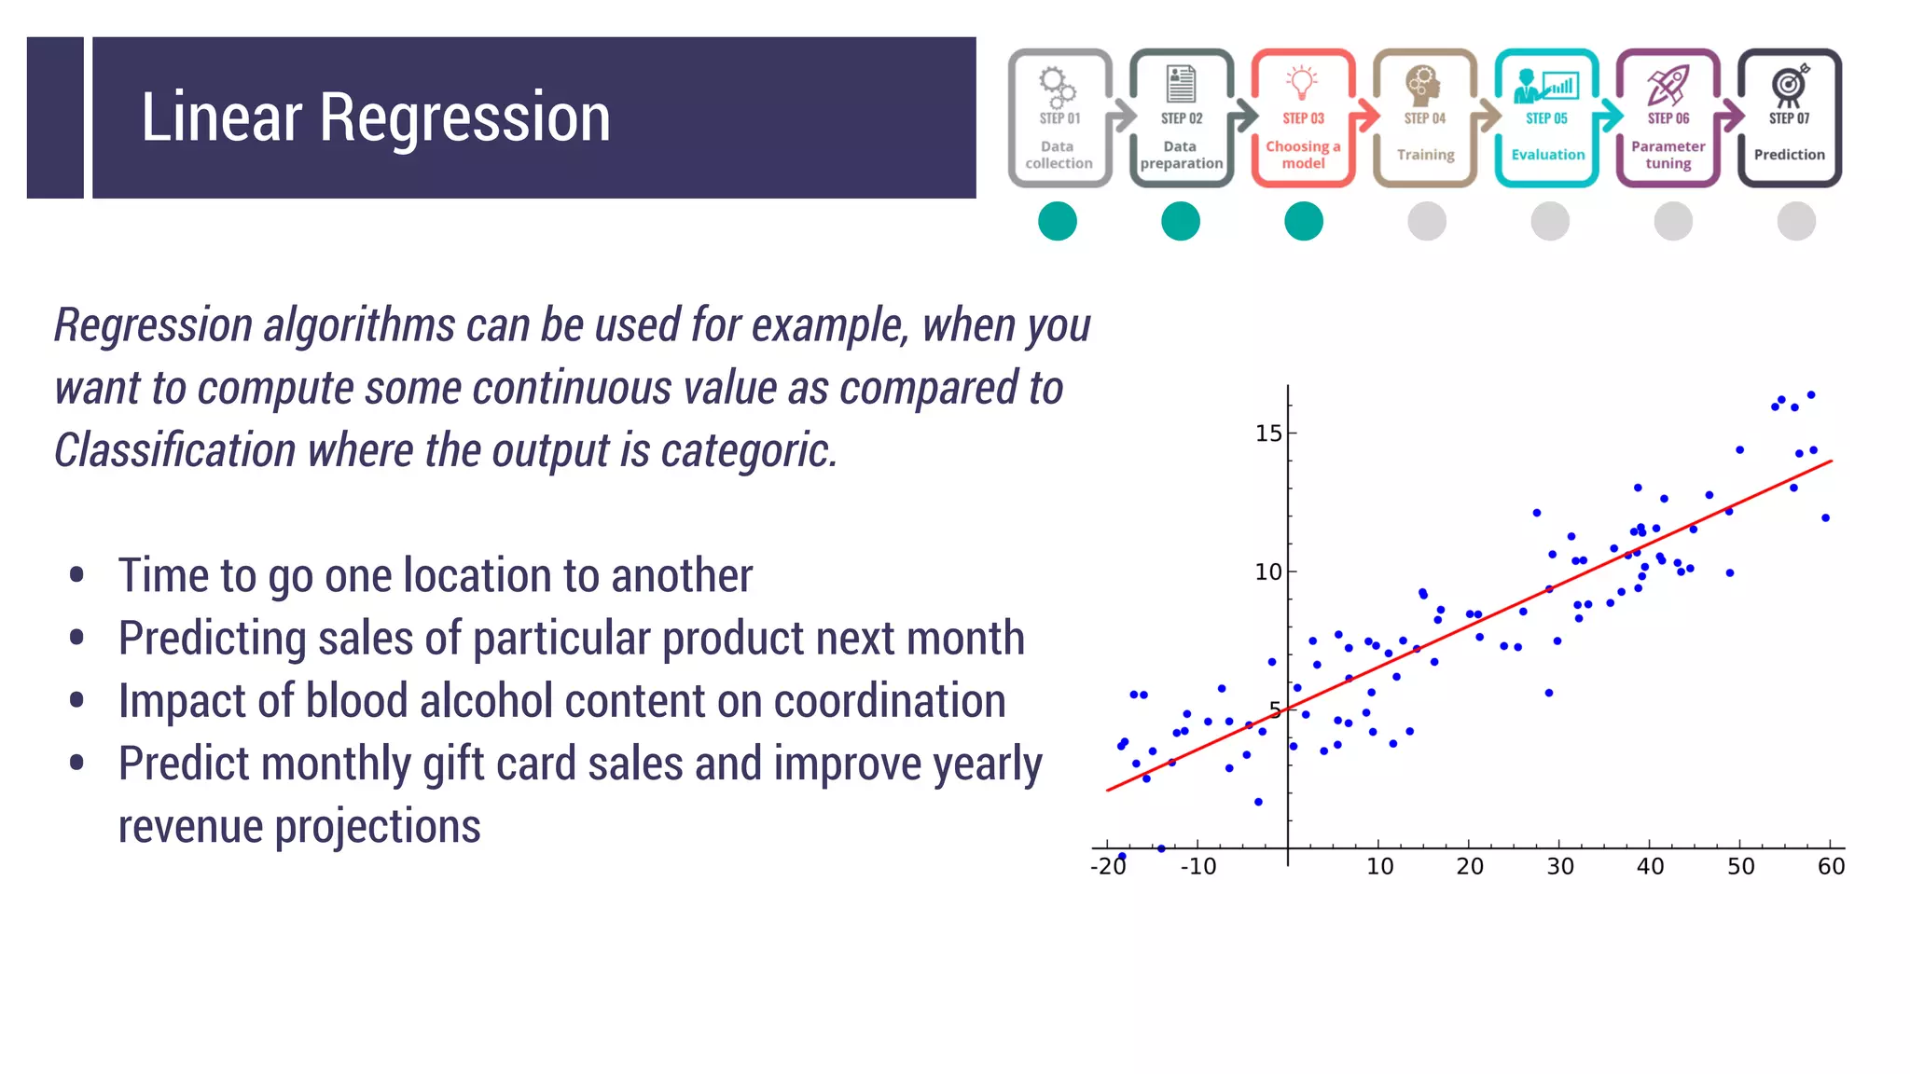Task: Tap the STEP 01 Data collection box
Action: point(1059,118)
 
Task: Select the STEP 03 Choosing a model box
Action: point(1303,118)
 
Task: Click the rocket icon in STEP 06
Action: point(1668,85)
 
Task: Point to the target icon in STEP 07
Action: point(1789,85)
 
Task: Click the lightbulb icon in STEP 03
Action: point(1302,82)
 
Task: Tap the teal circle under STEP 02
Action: point(1181,222)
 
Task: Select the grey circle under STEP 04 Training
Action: point(1426,222)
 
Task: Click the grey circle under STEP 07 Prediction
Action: point(1795,222)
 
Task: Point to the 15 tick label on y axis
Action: point(1268,434)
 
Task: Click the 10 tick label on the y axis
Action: point(1268,571)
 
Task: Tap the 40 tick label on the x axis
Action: point(1650,867)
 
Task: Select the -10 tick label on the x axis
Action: point(1197,867)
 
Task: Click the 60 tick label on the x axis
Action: point(1831,867)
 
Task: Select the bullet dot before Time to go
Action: point(77,575)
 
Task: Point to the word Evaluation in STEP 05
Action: point(1547,155)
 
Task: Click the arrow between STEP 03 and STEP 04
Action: point(1365,116)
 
